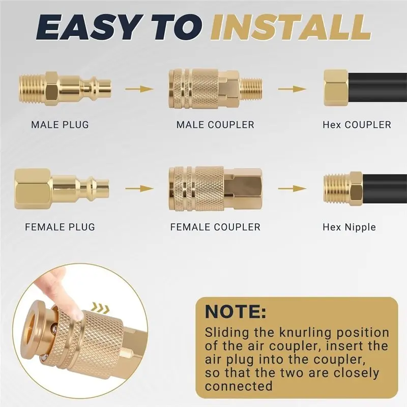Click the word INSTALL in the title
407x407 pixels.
tap(290, 28)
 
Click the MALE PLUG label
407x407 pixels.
tap(60, 125)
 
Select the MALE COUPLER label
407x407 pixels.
tap(215, 125)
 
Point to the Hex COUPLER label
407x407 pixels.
tap(357, 125)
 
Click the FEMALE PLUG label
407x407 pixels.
tap(60, 227)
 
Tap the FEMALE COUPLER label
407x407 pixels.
tap(215, 227)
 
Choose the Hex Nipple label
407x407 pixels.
tap(349, 227)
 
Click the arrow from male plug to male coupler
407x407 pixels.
tap(139, 89)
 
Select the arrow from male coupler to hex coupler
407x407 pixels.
tap(292, 89)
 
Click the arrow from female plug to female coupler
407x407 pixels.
tap(139, 188)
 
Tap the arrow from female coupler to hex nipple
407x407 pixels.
tap(292, 188)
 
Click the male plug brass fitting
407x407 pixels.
tap(65, 89)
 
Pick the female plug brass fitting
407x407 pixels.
tap(62, 188)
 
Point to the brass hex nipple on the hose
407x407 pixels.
tap(343, 188)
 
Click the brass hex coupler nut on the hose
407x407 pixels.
tap(336, 88)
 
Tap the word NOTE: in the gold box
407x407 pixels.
tap(236, 311)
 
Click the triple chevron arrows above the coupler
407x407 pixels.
tap(101, 308)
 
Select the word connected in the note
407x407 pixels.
tap(239, 386)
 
